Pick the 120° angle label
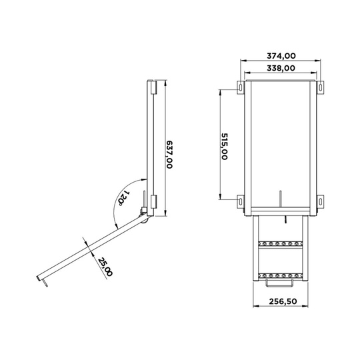click(123, 198)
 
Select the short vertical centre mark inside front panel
click(281, 199)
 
